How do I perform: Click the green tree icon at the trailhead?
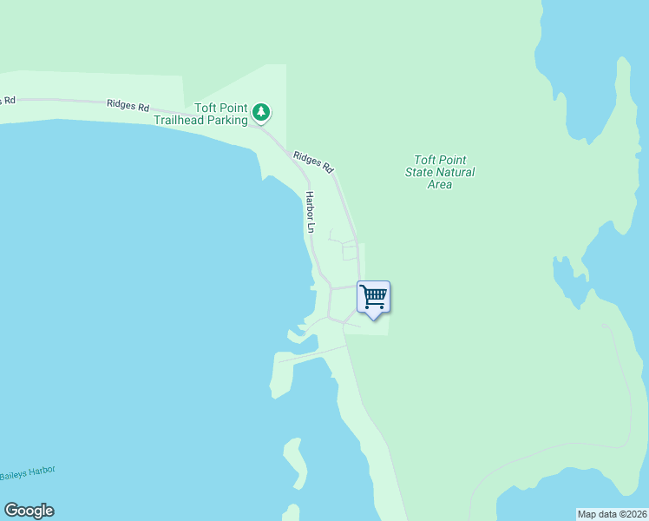click(261, 111)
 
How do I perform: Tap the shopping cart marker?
click(373, 297)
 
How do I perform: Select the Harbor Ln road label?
click(309, 212)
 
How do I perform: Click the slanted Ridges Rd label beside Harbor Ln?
click(313, 161)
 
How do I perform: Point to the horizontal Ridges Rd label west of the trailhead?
click(128, 104)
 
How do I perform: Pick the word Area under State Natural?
click(440, 184)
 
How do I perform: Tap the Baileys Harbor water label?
click(27, 472)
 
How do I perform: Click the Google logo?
click(29, 511)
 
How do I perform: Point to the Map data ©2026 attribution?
click(613, 514)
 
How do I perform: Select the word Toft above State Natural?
click(425, 160)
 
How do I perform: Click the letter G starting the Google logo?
click(10, 511)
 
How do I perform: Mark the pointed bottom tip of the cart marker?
click(374, 320)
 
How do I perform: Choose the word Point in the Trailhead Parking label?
click(232, 109)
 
